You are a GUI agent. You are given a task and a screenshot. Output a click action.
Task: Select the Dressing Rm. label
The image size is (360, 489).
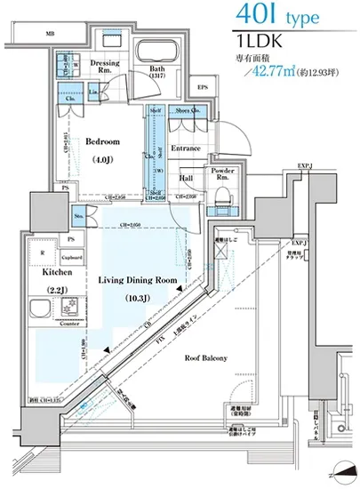[x=104, y=68]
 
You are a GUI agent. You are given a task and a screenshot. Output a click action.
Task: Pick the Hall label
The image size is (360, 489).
[x=187, y=177]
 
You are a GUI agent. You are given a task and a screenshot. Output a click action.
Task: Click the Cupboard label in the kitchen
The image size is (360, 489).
[x=73, y=258]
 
